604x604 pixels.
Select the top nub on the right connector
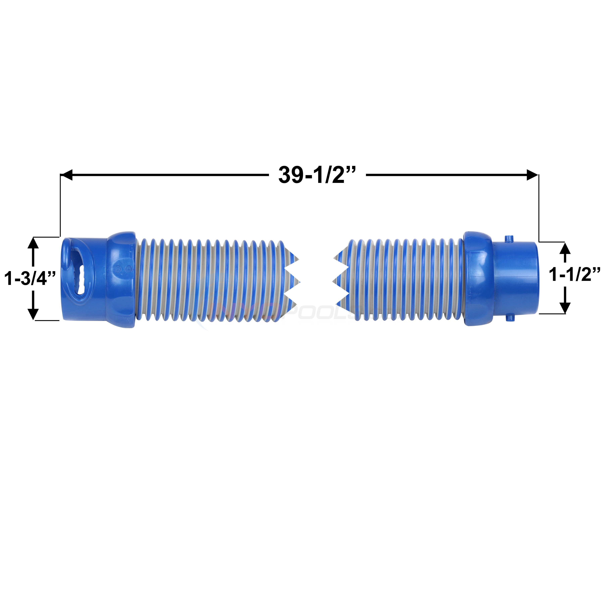[x=510, y=238]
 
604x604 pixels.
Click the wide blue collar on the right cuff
[x=478, y=278]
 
